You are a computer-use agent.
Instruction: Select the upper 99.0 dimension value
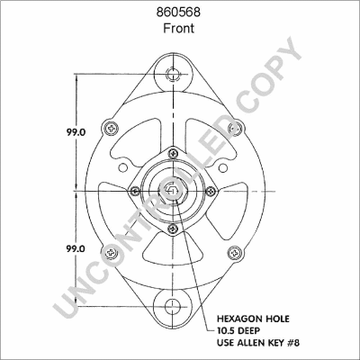[x=75, y=130]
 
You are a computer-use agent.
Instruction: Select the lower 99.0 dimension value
[x=75, y=247]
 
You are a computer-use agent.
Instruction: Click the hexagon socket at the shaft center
[x=171, y=190]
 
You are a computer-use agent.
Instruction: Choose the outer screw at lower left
[x=110, y=254]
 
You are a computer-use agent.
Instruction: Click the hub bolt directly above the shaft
[x=171, y=152]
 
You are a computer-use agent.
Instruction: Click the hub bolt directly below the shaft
[x=171, y=228]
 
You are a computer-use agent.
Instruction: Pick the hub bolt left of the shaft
[x=133, y=190]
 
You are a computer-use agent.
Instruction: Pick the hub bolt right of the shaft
[x=209, y=190]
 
